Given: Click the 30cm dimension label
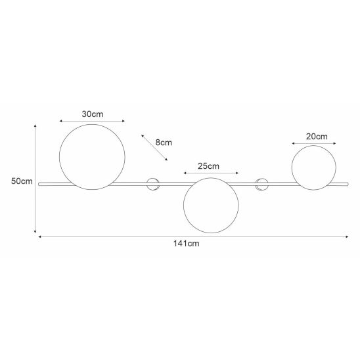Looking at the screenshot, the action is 93,114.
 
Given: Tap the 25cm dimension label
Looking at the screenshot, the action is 208,166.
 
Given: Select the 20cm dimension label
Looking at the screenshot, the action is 317,137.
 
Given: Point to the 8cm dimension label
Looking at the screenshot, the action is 164,143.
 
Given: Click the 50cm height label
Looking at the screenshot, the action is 22,181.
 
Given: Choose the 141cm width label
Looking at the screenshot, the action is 186,243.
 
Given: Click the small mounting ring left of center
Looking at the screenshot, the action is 146,184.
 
